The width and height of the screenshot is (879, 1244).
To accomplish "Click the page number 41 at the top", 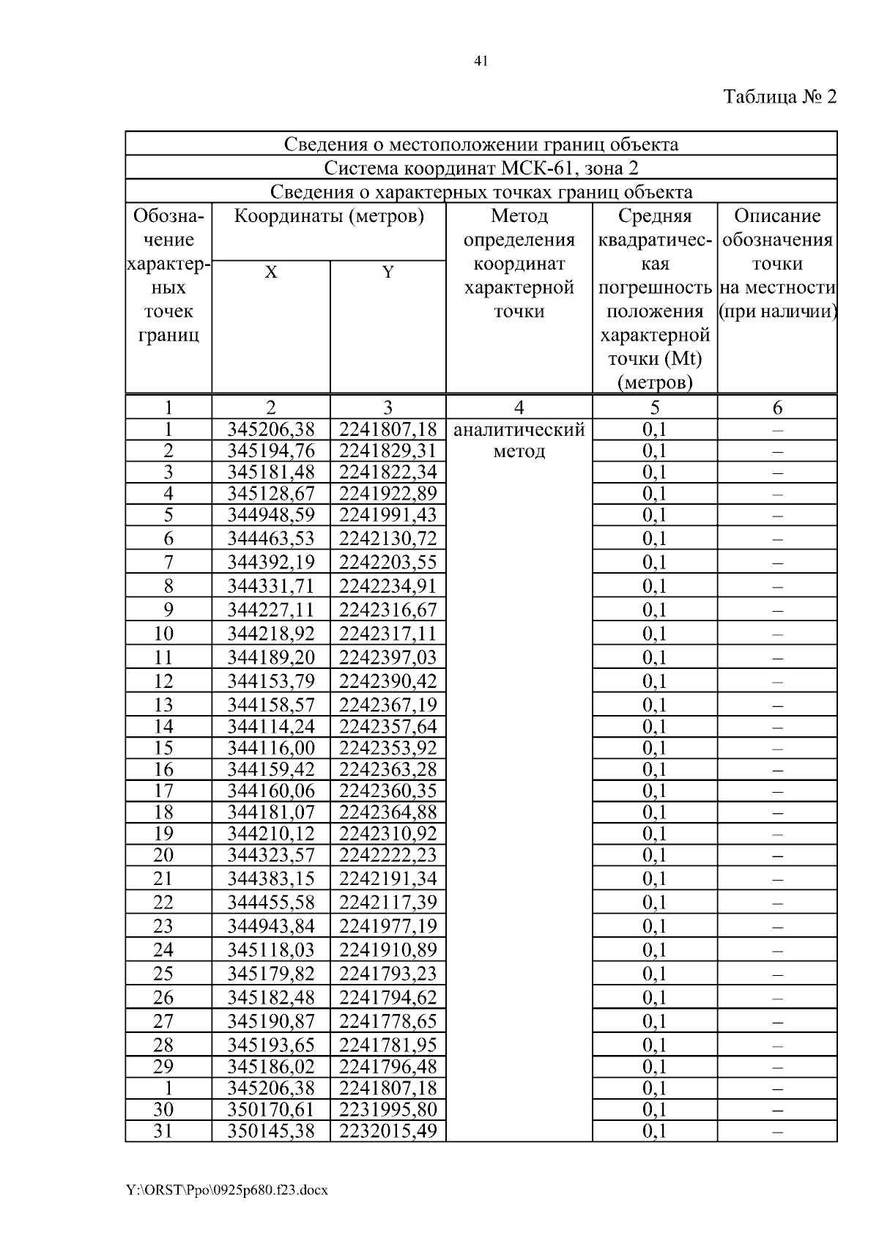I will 481,62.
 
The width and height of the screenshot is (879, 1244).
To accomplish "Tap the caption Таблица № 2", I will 779,97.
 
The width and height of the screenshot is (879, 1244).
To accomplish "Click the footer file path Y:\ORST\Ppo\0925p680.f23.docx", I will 226,1190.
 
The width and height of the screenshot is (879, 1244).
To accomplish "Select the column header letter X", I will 271,273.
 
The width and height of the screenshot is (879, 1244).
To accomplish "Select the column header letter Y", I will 388,273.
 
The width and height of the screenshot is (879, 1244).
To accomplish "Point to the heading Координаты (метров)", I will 329,216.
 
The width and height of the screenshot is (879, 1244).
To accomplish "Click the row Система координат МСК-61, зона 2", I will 481,168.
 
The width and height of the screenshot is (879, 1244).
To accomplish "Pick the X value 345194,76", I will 270,451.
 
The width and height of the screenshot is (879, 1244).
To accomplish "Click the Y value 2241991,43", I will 387,515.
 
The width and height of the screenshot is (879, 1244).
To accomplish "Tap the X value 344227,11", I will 270,610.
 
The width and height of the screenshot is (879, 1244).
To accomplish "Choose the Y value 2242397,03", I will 387,657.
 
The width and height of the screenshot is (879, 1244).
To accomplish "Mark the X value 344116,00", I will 270,748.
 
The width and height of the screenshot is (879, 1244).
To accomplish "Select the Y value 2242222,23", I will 387,855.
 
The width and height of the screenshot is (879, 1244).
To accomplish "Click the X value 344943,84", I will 270,926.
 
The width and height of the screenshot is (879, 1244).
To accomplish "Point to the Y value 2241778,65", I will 387,1021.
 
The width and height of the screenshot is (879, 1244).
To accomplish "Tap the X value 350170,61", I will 270,1109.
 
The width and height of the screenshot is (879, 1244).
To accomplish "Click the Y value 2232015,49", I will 387,1130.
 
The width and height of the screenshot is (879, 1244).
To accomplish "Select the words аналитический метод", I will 519,440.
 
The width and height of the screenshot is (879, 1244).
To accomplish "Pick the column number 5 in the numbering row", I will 654,407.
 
